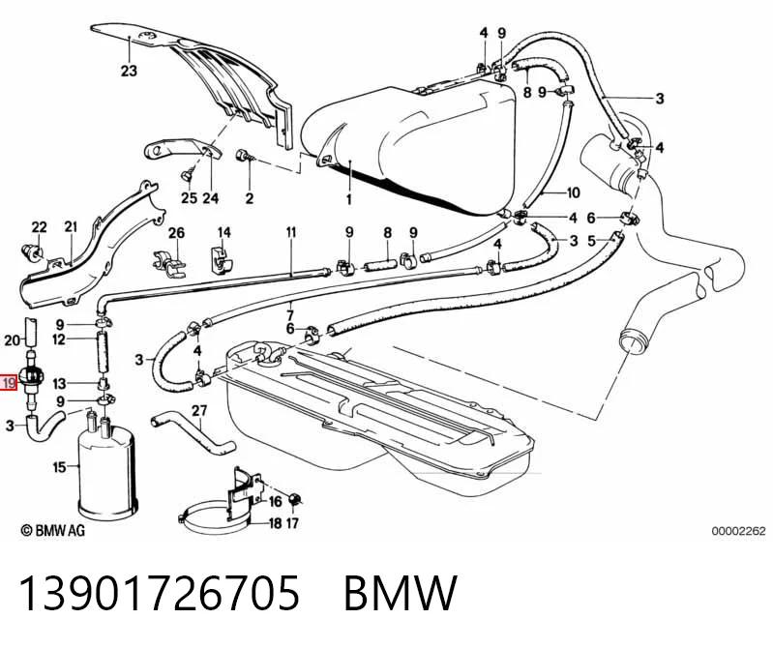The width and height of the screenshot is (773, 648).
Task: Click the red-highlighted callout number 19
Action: [9, 382]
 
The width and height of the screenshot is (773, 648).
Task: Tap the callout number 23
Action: [129, 71]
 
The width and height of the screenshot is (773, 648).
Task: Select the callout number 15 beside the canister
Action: [59, 467]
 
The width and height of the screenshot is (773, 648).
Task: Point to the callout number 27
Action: [199, 410]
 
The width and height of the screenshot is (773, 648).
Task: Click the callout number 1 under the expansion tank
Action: [349, 199]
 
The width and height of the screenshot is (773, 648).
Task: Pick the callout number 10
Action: [573, 192]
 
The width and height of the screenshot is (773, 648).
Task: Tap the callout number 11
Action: [291, 231]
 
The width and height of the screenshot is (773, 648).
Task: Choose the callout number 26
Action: [176, 232]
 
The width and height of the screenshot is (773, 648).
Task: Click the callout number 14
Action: [224, 232]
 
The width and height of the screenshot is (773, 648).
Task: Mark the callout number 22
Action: [39, 227]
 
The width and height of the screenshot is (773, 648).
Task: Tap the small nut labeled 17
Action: [294, 499]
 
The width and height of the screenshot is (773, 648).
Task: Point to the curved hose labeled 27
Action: [193, 433]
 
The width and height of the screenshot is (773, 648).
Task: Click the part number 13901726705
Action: [160, 592]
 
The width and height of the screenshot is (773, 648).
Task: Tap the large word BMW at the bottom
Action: [401, 592]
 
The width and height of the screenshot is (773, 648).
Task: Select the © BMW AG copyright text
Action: [53, 530]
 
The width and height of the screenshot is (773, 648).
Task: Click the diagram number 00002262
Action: [738, 531]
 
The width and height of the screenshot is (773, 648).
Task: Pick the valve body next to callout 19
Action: [31, 377]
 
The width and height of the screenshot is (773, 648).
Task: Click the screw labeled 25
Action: [188, 174]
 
